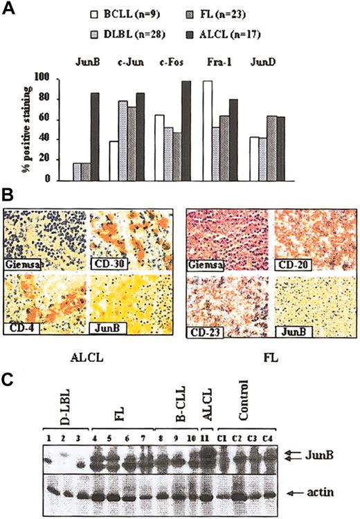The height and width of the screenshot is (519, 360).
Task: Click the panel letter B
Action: [8, 197]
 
